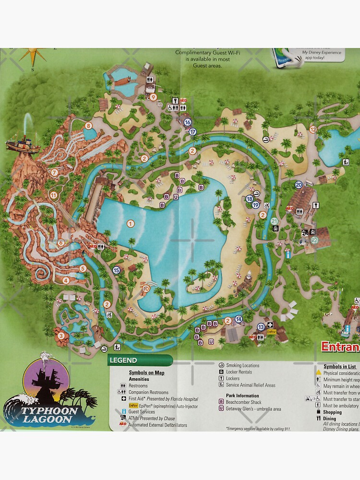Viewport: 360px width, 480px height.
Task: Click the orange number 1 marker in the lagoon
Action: pos(130,223)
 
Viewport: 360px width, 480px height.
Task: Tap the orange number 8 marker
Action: pos(88,126)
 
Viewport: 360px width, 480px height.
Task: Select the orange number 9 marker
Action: pos(154,97)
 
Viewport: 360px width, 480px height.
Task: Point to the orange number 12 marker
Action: pos(313,129)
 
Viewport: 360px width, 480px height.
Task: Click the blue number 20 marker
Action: pos(299,184)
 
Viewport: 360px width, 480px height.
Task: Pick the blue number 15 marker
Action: pos(116,270)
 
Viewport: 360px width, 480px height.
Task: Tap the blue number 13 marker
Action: pos(261,327)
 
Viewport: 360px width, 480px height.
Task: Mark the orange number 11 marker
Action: pos(53,194)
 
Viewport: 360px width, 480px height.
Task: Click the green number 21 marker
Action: pos(274,221)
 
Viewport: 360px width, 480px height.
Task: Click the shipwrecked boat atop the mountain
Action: pos(23,143)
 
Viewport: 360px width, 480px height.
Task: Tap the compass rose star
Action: pos(32,56)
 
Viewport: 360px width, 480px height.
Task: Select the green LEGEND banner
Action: pos(140,360)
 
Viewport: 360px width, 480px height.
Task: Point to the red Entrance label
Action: pos(340,347)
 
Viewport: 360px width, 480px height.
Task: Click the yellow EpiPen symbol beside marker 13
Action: pos(271,331)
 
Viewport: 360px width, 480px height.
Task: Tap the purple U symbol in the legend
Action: pos(221,409)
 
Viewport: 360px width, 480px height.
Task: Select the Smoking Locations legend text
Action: pos(242,365)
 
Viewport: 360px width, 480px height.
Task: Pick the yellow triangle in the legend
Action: pos(318,372)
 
